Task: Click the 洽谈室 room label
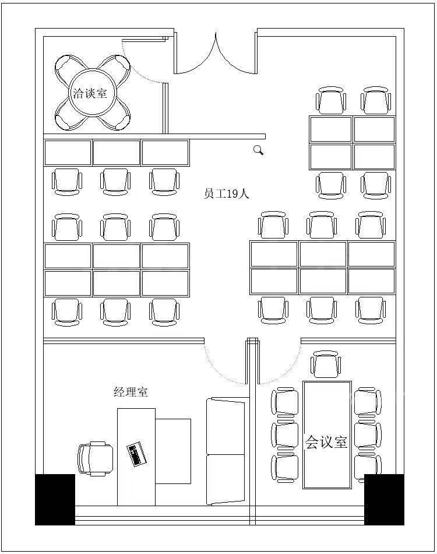tap(90, 93)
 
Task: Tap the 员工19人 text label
tap(226, 194)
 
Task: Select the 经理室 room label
tap(131, 391)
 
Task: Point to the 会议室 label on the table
tap(326, 441)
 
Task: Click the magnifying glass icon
tap(258, 150)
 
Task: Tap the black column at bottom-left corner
tap(55, 499)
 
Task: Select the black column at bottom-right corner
tap(384, 499)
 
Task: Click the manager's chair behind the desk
tap(96, 458)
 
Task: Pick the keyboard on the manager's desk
tap(136, 454)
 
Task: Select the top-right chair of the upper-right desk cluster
tap(376, 100)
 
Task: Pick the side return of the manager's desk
tap(173, 451)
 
